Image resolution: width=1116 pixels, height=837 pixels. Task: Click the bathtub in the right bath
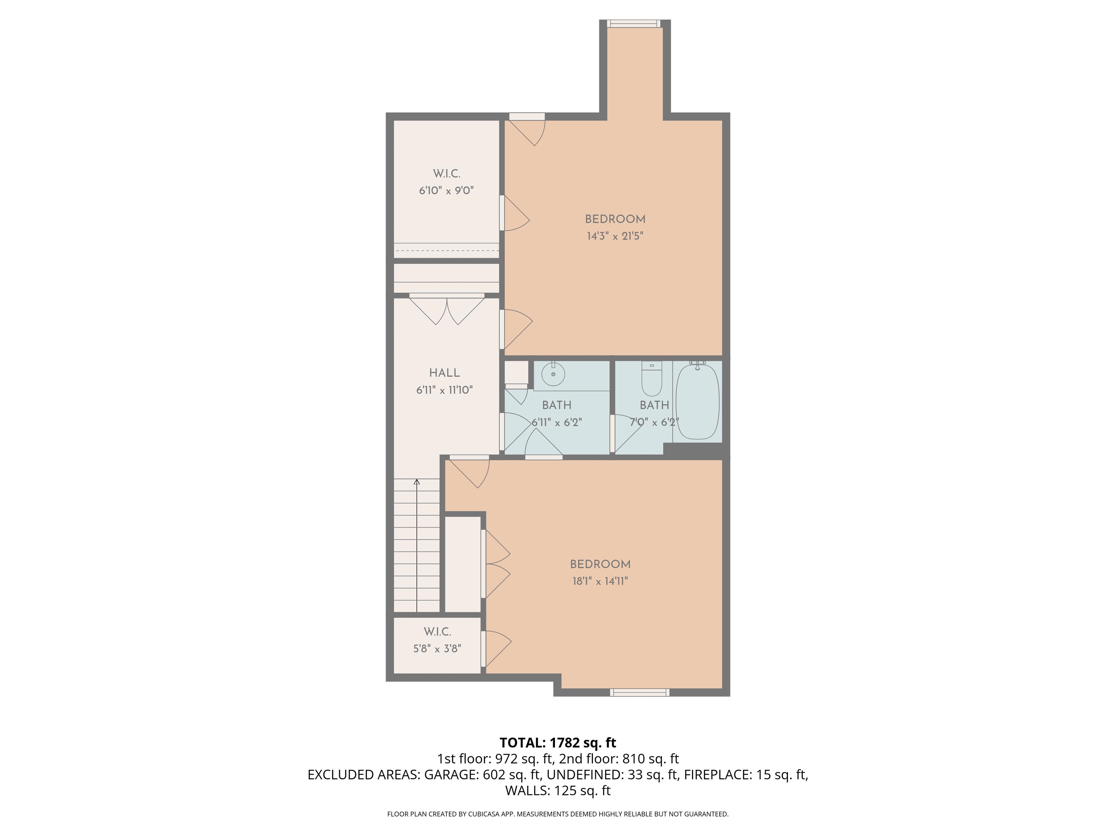click(x=697, y=401)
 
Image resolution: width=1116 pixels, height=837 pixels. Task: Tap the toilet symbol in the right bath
click(x=651, y=381)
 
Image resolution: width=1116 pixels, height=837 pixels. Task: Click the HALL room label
click(x=444, y=373)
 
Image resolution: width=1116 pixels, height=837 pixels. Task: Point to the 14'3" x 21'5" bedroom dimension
click(x=615, y=236)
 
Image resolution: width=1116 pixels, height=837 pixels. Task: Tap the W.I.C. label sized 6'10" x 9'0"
click(x=446, y=174)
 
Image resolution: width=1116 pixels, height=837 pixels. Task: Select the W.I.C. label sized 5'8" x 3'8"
click(x=437, y=632)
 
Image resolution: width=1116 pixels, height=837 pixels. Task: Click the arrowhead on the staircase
click(x=417, y=482)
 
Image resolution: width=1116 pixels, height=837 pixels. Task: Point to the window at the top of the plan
click(x=633, y=23)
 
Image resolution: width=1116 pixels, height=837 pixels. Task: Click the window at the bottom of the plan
click(x=639, y=692)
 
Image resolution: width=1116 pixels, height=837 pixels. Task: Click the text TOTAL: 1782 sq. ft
click(x=558, y=743)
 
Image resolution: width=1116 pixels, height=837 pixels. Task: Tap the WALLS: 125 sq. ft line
click(x=558, y=790)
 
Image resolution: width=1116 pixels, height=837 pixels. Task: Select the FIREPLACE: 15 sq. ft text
click(x=745, y=775)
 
